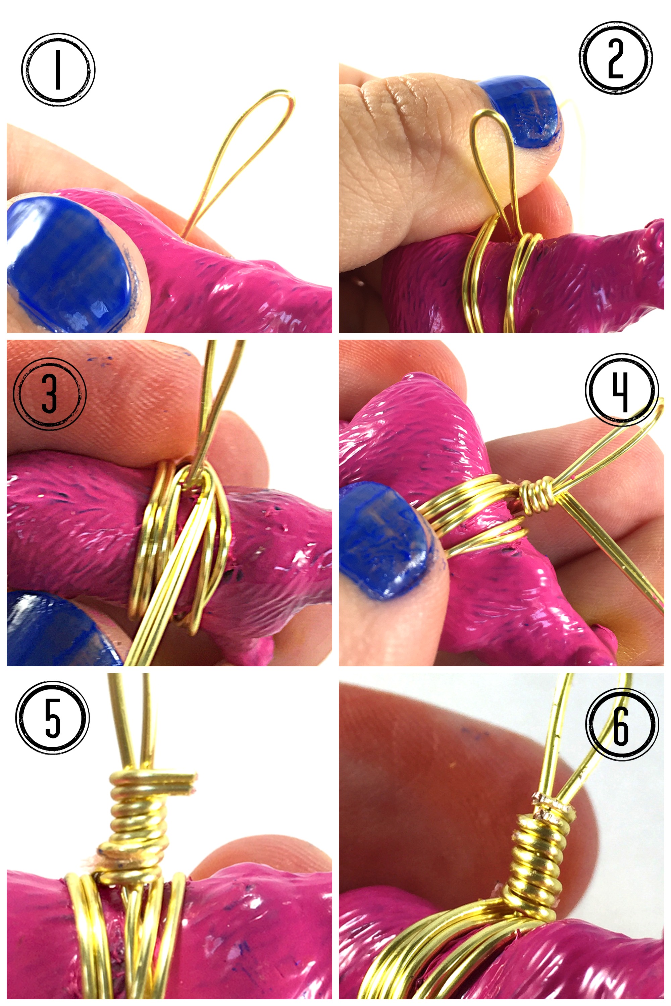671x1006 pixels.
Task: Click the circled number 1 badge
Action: coord(58,70)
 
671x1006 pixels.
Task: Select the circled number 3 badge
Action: coord(50,393)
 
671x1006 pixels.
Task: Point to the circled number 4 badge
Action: coord(621,389)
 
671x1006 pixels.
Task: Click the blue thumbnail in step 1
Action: coord(68,265)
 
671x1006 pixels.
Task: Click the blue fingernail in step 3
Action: coord(60,629)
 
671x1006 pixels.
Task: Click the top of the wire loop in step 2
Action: coord(488,112)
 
